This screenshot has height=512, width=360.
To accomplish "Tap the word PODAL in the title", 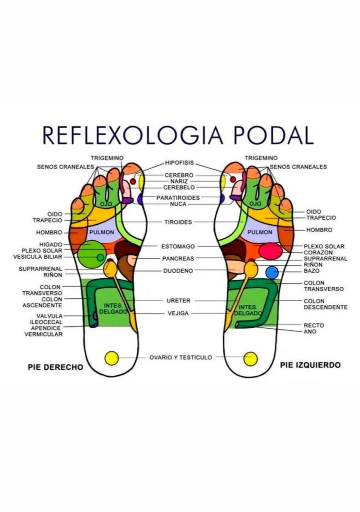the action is (x=273, y=135).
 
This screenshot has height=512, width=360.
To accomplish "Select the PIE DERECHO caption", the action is (x=55, y=367).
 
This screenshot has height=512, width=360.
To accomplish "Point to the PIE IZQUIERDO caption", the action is (x=310, y=365).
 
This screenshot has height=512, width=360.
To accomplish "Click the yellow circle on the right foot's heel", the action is (x=111, y=358).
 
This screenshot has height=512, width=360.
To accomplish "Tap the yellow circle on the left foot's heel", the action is (x=250, y=359).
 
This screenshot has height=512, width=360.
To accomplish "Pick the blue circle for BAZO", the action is (x=272, y=273).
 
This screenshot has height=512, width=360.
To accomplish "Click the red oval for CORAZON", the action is (x=270, y=251).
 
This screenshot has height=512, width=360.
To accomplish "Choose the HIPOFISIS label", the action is (x=179, y=163).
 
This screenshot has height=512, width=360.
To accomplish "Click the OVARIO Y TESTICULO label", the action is (x=180, y=357).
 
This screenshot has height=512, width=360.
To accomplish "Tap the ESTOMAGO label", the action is (x=178, y=247).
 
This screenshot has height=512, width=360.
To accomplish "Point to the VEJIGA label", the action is (x=178, y=313).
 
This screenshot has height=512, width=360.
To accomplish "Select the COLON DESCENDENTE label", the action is (x=325, y=304).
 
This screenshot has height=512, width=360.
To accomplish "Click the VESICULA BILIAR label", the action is (x=37, y=257).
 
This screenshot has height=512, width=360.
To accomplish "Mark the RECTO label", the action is (x=314, y=325).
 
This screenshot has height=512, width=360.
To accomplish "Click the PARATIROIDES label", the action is (x=178, y=198).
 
